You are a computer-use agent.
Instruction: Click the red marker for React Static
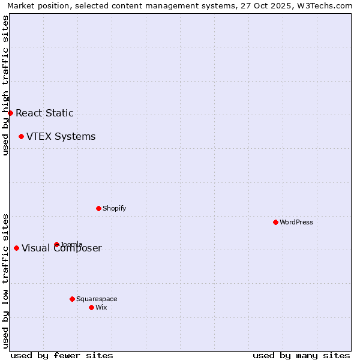10,113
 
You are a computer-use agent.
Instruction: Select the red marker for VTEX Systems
21,136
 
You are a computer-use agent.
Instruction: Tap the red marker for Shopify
98,208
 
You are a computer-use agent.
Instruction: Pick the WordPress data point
275,222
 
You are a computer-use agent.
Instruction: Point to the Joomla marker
56,244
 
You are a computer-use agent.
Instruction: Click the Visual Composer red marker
16,248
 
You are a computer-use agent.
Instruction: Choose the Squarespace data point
72,299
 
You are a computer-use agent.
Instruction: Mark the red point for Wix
91,307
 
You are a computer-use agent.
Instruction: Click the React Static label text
44,113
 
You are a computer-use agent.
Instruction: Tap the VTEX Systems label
61,136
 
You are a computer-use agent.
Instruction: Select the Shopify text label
114,208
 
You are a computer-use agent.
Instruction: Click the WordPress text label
296,222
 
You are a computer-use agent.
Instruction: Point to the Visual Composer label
62,248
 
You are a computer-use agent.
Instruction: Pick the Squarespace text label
97,299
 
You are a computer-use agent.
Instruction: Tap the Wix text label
101,307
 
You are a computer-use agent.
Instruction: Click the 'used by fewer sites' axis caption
62,355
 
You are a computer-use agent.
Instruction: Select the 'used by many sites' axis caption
301,355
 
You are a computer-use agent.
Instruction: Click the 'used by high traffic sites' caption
5,85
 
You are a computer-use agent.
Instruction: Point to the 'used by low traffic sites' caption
5,280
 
